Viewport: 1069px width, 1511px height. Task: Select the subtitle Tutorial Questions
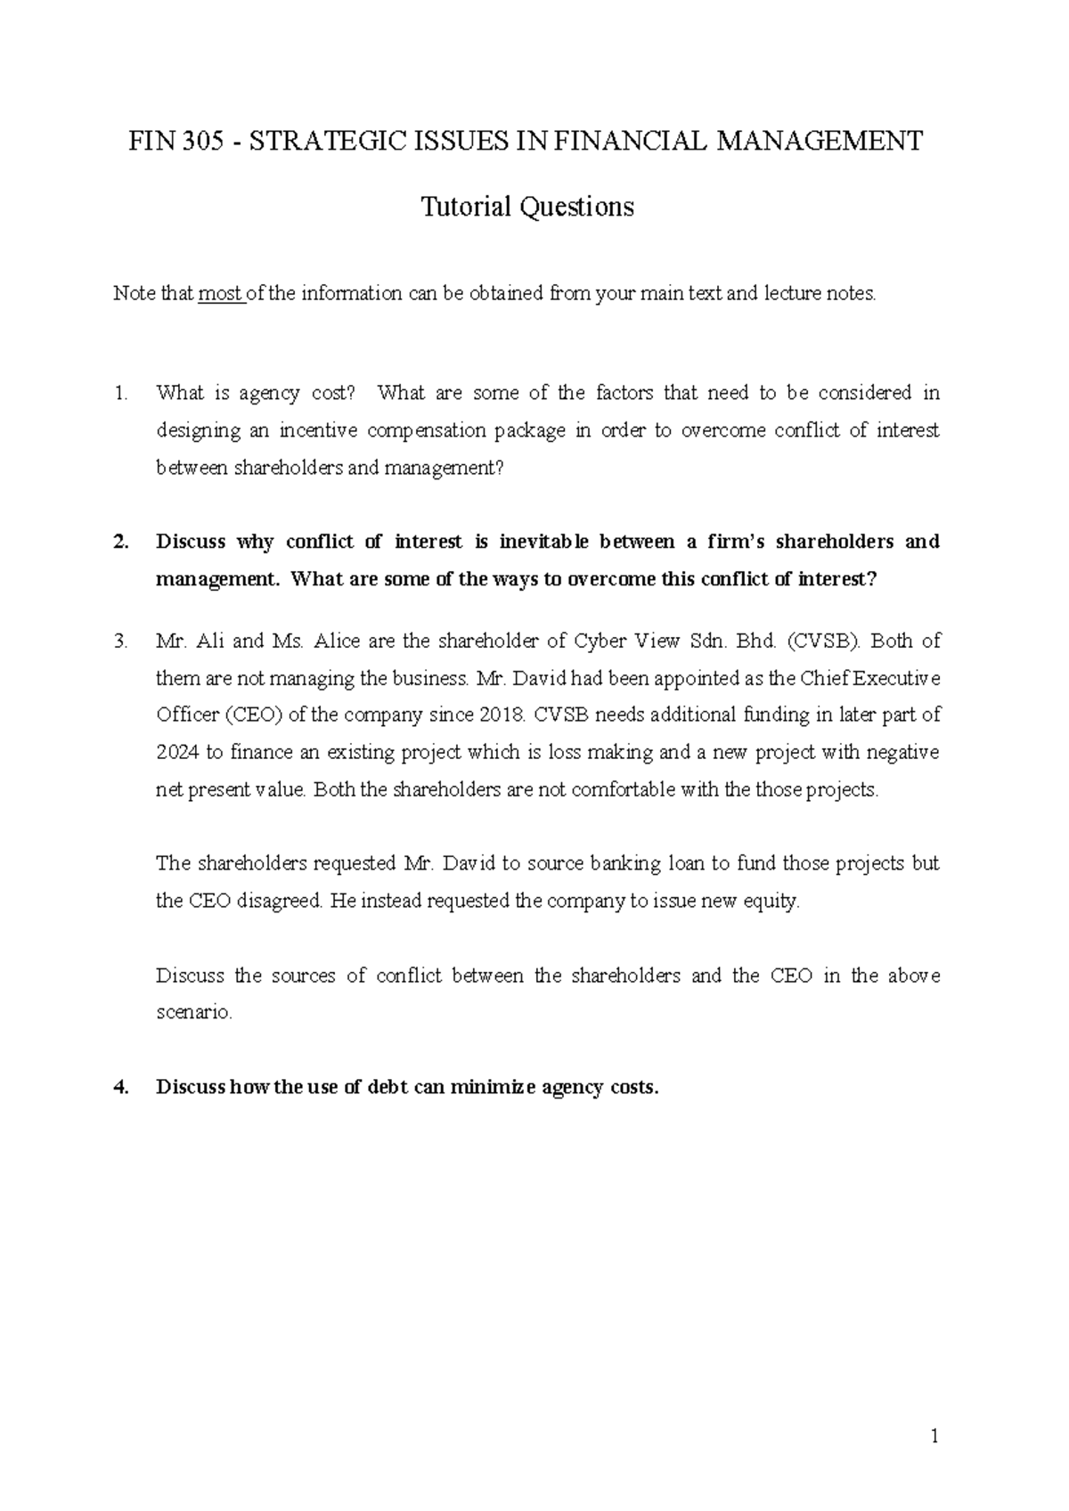pos(526,207)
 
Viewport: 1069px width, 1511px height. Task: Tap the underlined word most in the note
pos(219,293)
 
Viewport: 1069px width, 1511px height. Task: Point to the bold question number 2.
pos(121,542)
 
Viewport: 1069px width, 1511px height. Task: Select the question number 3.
pos(121,641)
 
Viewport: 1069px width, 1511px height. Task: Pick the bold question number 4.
pos(121,1088)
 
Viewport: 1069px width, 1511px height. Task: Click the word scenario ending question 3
pos(192,1013)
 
